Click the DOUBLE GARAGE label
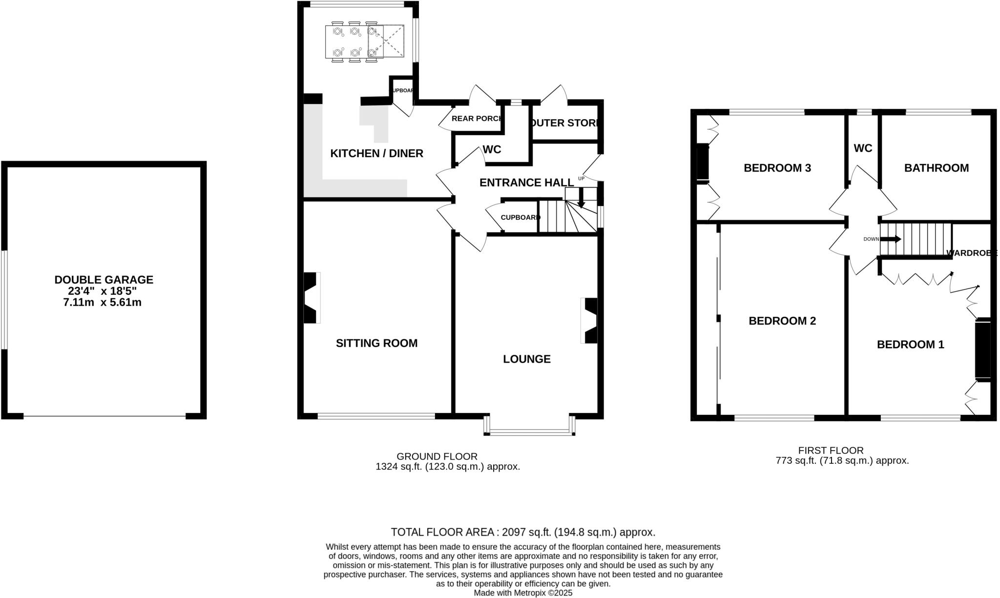(x=104, y=280)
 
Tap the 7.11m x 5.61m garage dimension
(x=103, y=303)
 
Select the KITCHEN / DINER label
(x=376, y=153)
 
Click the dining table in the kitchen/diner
(x=364, y=41)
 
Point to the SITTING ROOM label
(x=376, y=343)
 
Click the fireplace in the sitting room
(x=311, y=298)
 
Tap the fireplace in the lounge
(x=590, y=321)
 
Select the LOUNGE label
(x=527, y=359)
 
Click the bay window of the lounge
(x=529, y=432)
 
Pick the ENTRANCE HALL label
(x=526, y=183)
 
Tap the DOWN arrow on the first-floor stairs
(x=891, y=239)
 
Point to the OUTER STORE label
(x=564, y=123)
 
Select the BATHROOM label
(x=936, y=168)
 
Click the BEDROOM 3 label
(x=777, y=168)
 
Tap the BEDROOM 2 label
(x=782, y=321)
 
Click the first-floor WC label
(x=863, y=148)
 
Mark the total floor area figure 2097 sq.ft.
(x=522, y=532)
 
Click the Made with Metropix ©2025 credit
(x=523, y=593)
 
